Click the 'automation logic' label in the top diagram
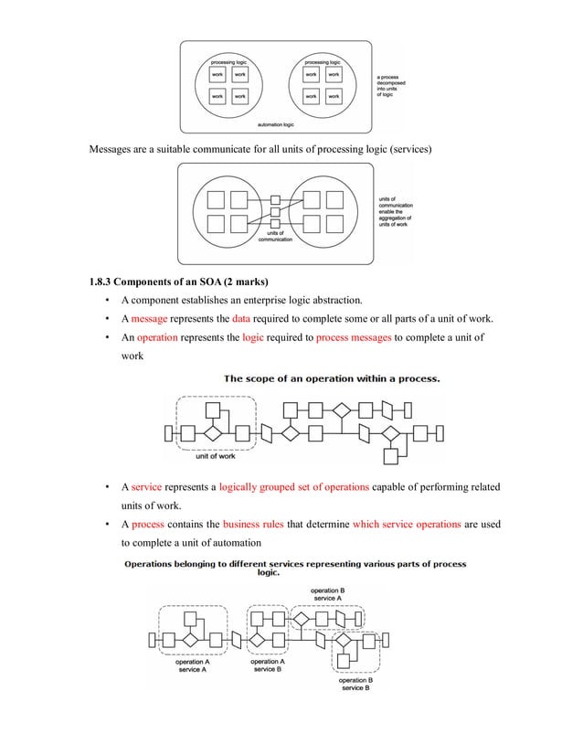click(275, 122)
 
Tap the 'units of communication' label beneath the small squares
click(275, 236)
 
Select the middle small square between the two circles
click(274, 210)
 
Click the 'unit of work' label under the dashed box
click(216, 456)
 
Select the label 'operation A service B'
click(268, 665)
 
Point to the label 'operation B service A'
click(327, 594)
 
